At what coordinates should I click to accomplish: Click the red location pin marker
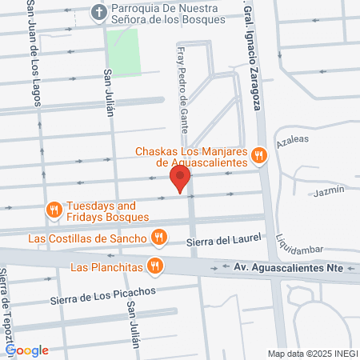click(180, 178)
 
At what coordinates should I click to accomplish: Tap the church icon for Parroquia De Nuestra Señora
click(98, 12)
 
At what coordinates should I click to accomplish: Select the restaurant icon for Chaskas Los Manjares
click(258, 156)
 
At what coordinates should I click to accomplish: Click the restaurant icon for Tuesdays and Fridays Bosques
click(54, 210)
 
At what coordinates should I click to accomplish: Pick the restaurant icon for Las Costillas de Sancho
click(158, 238)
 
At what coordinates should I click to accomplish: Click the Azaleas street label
click(292, 139)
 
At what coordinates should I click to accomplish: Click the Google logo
click(26, 350)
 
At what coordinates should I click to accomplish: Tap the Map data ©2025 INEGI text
click(311, 353)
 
